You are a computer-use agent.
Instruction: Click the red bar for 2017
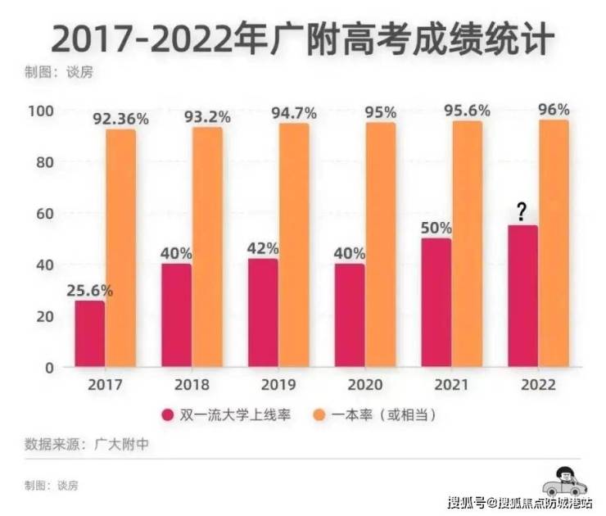[90, 333]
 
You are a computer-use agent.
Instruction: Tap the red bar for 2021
[436, 302]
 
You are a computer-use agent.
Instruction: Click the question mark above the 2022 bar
[522, 213]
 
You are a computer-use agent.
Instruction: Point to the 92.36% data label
[121, 119]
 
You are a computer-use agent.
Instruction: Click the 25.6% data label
[90, 290]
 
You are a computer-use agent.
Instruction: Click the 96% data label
[554, 109]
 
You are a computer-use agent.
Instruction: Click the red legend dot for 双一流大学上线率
[168, 415]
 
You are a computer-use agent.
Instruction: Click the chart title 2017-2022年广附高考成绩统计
[303, 38]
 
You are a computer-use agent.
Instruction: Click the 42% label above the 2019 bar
[264, 247]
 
